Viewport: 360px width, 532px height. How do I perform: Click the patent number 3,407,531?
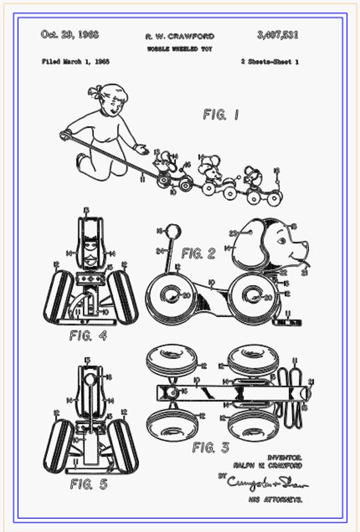(x=277, y=35)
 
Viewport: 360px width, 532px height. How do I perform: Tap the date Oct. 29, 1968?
(x=69, y=34)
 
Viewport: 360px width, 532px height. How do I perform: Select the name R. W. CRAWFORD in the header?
(x=180, y=36)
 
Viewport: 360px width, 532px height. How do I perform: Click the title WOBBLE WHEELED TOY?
(x=180, y=48)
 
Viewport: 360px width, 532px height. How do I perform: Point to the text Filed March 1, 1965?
(x=75, y=61)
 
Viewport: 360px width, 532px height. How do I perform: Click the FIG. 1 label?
(x=220, y=115)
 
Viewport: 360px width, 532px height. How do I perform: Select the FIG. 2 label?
(x=198, y=253)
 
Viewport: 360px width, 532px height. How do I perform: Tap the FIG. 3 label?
(x=210, y=448)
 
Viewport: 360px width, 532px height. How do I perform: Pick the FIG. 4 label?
(x=88, y=335)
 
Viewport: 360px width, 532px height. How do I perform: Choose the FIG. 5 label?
(x=88, y=484)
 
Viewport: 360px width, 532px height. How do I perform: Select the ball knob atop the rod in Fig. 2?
(x=173, y=232)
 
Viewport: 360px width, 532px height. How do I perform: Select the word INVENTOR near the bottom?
(x=284, y=458)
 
